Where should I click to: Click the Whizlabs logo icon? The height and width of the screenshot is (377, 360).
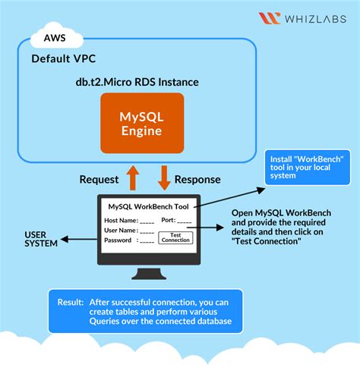click(x=270, y=18)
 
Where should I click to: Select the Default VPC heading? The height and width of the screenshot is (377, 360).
click(x=65, y=58)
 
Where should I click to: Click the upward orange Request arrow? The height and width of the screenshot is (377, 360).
click(x=134, y=179)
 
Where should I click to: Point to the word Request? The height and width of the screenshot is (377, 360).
click(x=99, y=180)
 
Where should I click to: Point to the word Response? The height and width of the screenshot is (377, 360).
click(x=197, y=180)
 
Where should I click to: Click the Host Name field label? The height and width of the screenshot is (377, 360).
click(x=121, y=220)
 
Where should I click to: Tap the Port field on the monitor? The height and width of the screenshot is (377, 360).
click(x=178, y=220)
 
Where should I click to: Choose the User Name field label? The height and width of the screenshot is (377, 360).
click(x=121, y=230)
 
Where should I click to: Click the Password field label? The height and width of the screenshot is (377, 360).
click(x=119, y=240)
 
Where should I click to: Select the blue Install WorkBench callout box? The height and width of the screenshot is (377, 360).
click(x=307, y=168)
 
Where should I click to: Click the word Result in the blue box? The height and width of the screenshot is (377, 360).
click(x=71, y=301)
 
